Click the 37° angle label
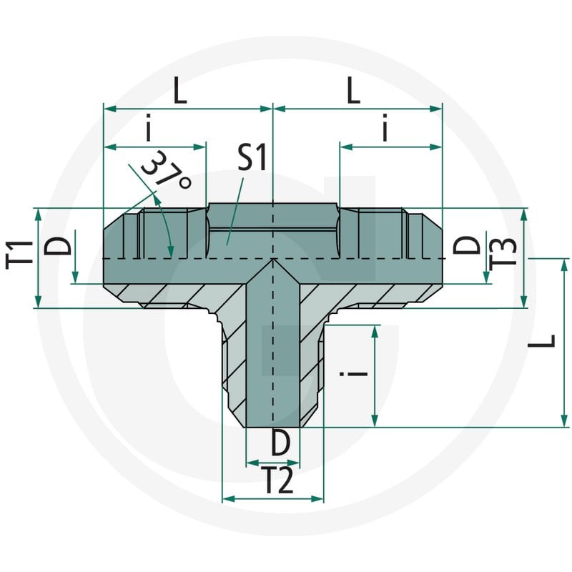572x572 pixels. click(166, 170)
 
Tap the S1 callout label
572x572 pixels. click(252, 157)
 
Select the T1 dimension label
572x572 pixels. click(19, 255)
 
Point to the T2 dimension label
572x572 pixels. click(279, 480)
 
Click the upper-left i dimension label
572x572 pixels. click(148, 128)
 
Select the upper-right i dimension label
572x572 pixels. click(385, 128)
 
